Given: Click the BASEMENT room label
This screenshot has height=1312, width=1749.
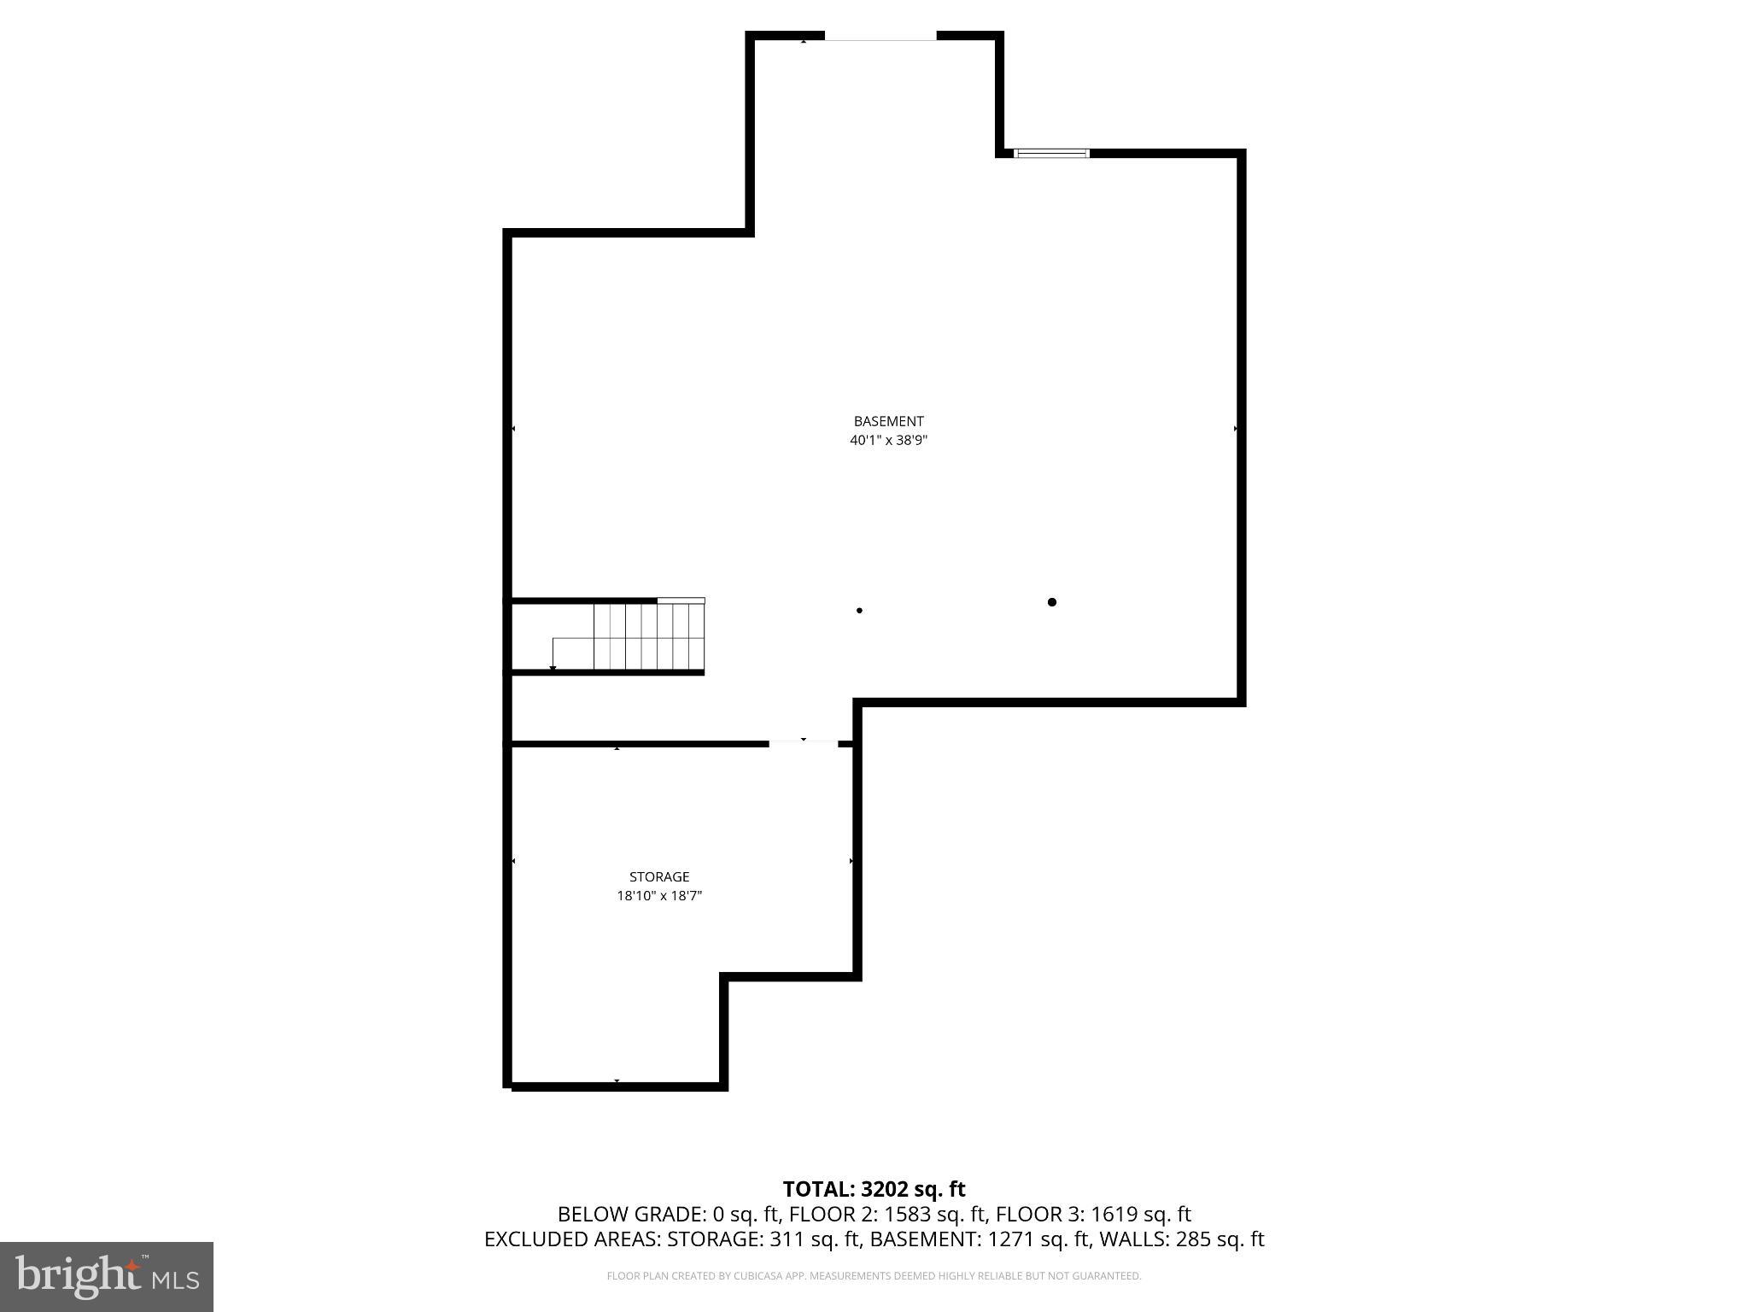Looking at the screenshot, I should [x=888, y=421].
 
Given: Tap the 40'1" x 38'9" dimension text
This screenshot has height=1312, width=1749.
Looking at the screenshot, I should [x=888, y=441].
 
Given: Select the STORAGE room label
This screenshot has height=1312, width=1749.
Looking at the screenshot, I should [x=659, y=876].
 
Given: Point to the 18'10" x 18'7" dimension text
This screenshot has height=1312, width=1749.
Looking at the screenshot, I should [x=659, y=896].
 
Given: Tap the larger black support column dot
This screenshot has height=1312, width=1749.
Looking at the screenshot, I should [x=1052, y=602].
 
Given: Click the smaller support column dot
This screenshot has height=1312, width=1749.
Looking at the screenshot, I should [x=859, y=611].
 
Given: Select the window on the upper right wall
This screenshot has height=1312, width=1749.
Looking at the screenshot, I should [x=1051, y=154].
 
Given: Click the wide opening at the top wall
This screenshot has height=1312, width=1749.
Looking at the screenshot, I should [x=880, y=37].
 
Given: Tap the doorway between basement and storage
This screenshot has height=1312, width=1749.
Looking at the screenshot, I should [x=804, y=743].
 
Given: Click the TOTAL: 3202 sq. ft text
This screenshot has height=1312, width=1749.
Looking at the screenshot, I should [x=874, y=1189].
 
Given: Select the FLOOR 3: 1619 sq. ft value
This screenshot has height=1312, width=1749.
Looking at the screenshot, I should [x=1093, y=1214].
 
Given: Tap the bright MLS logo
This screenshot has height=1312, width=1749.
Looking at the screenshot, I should [x=107, y=1276].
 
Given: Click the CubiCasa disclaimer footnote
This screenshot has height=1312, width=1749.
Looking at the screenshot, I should [x=874, y=1276].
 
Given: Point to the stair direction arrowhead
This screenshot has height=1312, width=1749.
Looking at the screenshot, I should [x=553, y=668].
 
